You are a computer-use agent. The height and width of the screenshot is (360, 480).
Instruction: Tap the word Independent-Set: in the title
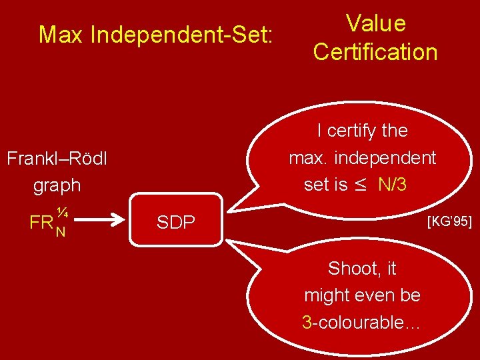[181, 35]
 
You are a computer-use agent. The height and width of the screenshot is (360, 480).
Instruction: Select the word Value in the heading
[375, 24]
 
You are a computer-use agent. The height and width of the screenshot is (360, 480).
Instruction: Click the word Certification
[375, 52]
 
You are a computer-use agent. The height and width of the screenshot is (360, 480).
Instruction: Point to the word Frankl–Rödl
[57, 159]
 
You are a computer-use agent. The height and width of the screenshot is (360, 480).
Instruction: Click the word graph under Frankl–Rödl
[57, 185]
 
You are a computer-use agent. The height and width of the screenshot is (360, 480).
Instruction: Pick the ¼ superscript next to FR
[62, 213]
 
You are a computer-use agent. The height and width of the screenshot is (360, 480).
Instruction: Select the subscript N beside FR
[60, 231]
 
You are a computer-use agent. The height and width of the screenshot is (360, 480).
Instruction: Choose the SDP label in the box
[176, 223]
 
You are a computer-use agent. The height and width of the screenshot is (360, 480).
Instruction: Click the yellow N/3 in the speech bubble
[392, 185]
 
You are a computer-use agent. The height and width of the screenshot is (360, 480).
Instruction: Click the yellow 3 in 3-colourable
[307, 323]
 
